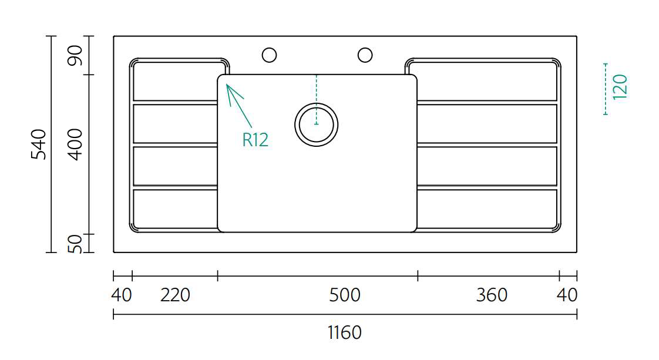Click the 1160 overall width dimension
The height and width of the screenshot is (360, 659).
click(x=344, y=332)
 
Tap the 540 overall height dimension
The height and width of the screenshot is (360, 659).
click(x=39, y=144)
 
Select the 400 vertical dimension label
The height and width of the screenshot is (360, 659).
click(x=76, y=144)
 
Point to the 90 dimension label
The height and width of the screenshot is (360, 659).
click(x=76, y=55)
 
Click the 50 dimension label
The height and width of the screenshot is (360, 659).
click(x=76, y=244)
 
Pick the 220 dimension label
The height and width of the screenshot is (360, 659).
click(x=175, y=295)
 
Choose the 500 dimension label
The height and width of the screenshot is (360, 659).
click(x=345, y=295)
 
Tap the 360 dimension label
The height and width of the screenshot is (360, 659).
click(x=492, y=295)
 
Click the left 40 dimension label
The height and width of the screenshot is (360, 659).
click(x=122, y=295)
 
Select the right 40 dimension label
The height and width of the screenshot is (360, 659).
click(x=567, y=295)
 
